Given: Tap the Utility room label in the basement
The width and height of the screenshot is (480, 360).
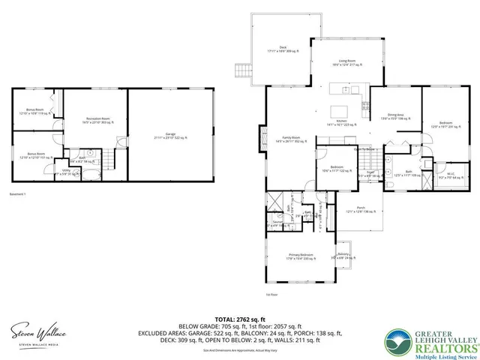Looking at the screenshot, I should pyautogui.click(x=67, y=172).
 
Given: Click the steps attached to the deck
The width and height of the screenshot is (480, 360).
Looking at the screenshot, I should pyautogui.click(x=241, y=71).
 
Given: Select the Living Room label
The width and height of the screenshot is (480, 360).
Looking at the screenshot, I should pyautogui.click(x=346, y=63).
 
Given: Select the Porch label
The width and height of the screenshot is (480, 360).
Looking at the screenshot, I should pyautogui.click(x=361, y=209).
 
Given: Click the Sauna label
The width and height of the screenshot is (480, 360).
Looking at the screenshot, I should pyautogui.click(x=277, y=223).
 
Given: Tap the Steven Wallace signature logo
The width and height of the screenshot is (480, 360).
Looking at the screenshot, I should pyautogui.click(x=37, y=332).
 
